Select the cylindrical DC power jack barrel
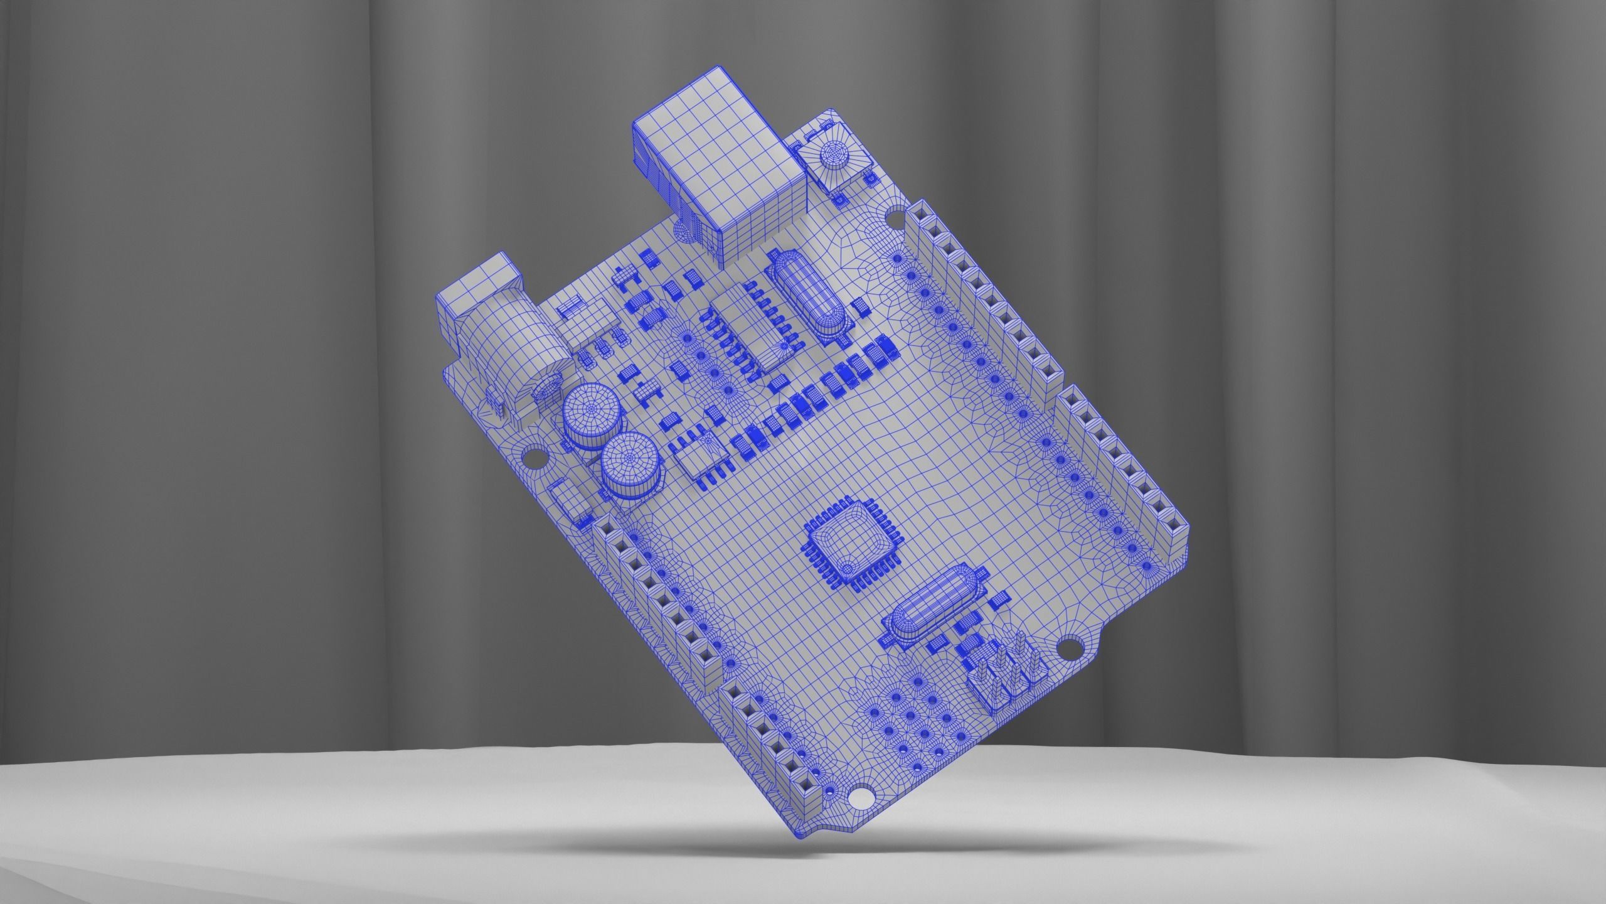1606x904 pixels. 502,352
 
